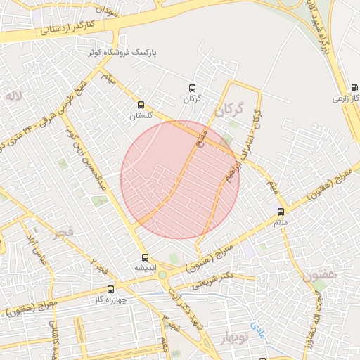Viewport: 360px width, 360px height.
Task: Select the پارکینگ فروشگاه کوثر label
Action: (124, 53)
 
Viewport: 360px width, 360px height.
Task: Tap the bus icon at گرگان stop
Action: (192, 89)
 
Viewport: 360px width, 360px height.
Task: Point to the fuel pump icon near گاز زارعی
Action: (354, 88)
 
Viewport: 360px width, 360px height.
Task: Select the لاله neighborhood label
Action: (12, 94)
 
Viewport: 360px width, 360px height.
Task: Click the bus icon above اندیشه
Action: (145, 257)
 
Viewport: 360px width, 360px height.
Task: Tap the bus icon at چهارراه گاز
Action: (110, 288)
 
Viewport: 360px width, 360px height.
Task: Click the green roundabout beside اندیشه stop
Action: (162, 275)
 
